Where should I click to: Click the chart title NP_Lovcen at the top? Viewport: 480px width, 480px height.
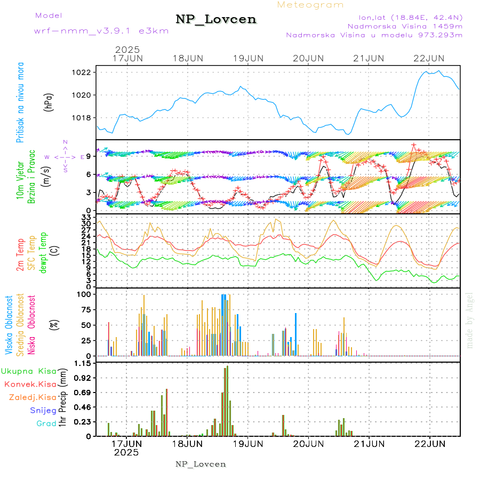[216, 20]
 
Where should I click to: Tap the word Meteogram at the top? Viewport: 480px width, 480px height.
[310, 5]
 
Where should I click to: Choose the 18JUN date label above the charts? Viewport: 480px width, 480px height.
[188, 58]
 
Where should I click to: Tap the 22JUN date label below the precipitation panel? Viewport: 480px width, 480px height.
[430, 444]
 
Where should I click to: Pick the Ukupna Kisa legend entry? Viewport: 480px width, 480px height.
[29, 371]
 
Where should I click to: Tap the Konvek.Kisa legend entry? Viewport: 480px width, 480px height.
[30, 384]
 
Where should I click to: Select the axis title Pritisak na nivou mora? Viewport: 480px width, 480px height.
[21, 102]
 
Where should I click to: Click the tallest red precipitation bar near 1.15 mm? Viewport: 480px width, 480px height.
[227, 400]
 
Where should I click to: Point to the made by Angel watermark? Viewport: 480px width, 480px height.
[470, 320]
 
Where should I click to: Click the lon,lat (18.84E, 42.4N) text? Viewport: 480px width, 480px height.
[404, 16]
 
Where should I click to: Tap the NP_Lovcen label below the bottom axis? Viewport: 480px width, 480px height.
[201, 464]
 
